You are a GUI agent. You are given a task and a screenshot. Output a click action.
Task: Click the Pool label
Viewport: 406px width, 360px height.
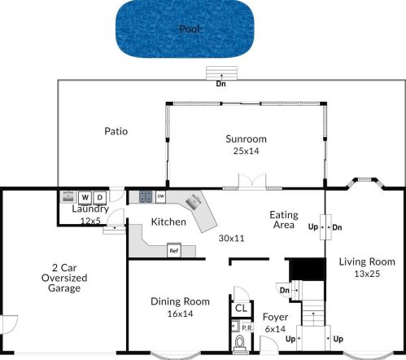[190, 29]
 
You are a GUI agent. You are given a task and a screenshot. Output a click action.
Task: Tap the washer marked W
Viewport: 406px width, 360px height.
[85, 198]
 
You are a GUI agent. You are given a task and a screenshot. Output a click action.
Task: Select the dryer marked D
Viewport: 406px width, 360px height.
[100, 198]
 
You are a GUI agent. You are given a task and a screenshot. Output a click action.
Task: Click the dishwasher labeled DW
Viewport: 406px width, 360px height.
[161, 196]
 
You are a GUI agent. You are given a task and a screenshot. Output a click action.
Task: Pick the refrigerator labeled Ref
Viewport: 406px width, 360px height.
[174, 250]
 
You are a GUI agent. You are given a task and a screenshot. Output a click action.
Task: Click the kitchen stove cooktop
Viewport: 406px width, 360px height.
[146, 196]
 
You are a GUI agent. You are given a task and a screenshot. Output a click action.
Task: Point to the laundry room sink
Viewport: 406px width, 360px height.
[68, 196]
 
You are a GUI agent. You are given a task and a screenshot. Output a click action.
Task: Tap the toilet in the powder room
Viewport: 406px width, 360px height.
[239, 343]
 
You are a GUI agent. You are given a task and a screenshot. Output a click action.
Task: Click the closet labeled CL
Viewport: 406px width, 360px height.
[241, 308]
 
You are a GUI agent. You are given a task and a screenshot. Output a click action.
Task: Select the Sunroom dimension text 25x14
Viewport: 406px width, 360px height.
[246, 151]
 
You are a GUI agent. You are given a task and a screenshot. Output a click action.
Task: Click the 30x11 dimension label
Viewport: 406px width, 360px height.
[231, 238]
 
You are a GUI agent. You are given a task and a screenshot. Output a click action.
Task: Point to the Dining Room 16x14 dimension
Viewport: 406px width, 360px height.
[180, 314]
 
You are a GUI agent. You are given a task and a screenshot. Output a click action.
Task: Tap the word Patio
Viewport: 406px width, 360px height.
[116, 131]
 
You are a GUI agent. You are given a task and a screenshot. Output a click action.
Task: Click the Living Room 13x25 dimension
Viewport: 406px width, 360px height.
[367, 274]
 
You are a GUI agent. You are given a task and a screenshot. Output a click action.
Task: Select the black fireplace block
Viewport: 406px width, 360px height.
[308, 270]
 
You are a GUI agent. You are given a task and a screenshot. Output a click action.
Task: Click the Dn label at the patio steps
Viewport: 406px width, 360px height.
[220, 84]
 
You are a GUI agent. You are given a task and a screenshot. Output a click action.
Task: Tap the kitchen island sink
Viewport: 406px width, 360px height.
[194, 202]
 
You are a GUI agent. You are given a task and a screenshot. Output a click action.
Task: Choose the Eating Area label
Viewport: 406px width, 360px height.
[284, 220]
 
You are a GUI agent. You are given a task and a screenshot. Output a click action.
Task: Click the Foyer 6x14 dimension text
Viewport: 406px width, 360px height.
[275, 329]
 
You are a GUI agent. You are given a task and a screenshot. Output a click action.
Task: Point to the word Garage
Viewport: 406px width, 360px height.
[64, 288]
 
